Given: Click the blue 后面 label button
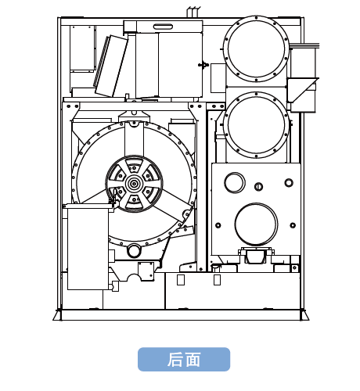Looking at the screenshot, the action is [184, 359].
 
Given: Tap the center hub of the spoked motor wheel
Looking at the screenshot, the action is [134, 184].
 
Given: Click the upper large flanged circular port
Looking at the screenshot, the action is [256, 48].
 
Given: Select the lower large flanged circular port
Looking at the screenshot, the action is [256, 125].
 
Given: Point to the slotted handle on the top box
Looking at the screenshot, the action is [163, 27].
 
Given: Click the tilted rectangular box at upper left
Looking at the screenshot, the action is [111, 66].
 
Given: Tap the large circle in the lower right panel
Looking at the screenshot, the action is [256, 224].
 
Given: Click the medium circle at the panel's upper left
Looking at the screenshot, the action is [235, 182].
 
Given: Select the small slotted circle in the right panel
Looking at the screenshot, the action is [258, 186].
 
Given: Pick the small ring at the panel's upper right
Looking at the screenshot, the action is [289, 182].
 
